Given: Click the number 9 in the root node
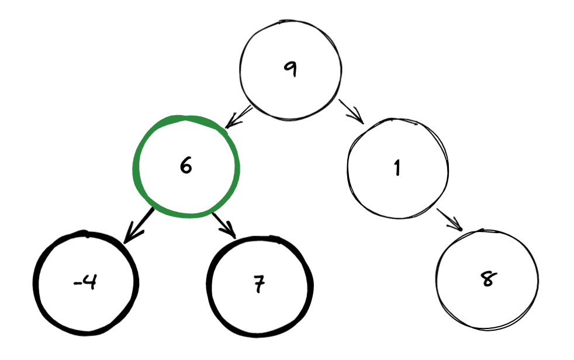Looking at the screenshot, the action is (x=291, y=69).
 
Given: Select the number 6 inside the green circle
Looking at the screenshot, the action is (x=186, y=165).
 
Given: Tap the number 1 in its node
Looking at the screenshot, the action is (x=397, y=168).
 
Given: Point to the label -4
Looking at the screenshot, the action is (x=85, y=282).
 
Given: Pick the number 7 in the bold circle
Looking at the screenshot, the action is (x=259, y=284).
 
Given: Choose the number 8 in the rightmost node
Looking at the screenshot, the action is (x=488, y=279).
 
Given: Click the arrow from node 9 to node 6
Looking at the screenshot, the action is (x=238, y=117).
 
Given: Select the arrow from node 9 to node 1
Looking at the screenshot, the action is (x=351, y=112).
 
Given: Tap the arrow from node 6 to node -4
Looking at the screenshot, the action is (x=138, y=226).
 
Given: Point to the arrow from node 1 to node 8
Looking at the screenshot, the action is (x=449, y=220).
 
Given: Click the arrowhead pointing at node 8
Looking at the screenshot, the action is (x=456, y=224).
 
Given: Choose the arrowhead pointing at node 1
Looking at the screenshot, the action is (x=357, y=117).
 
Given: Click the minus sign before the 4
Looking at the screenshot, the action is (x=77, y=283).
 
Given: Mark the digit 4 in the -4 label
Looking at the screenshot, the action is (x=89, y=282).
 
